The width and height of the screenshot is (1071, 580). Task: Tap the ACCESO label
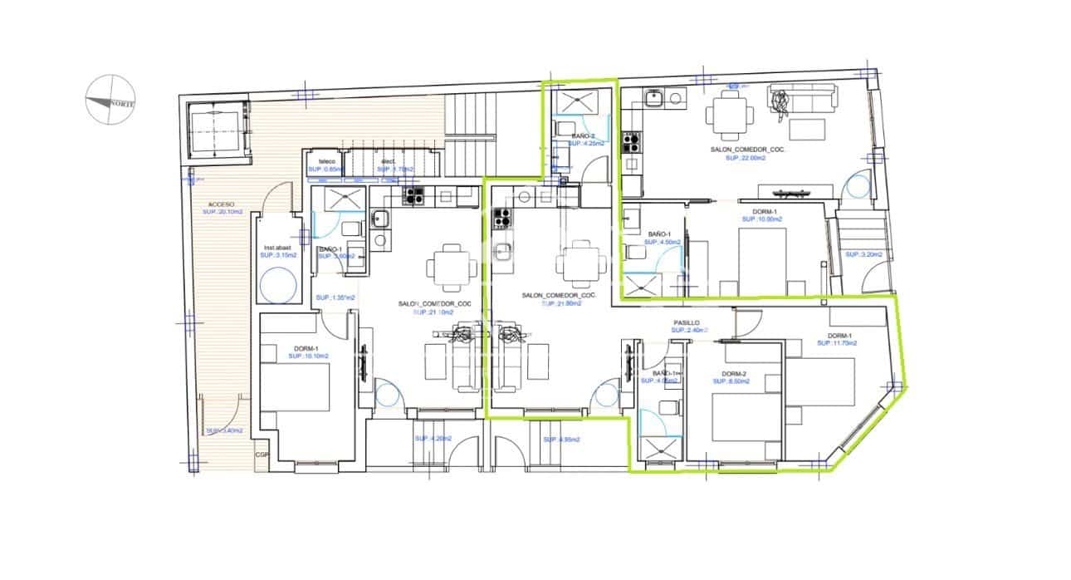221,204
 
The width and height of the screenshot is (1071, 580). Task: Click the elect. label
388,161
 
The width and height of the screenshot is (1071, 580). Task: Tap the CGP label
262,455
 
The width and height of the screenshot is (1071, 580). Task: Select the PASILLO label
687,322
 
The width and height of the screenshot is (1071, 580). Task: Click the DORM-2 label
735,374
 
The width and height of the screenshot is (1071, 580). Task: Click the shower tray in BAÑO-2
580,102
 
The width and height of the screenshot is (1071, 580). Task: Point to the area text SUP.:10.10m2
308,356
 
